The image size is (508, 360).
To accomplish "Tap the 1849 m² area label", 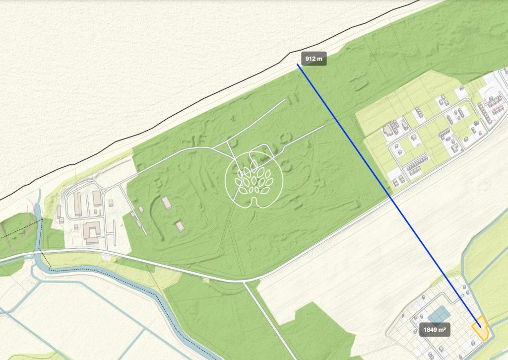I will (x=435, y=329).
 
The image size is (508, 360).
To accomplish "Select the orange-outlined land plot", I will (x=480, y=329).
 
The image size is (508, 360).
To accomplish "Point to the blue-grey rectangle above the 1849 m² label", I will (x=439, y=314).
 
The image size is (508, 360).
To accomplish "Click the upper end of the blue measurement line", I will (x=298, y=65).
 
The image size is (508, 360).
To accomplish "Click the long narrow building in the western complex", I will (x=78, y=204).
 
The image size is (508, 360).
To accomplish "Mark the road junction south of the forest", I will (x=244, y=282).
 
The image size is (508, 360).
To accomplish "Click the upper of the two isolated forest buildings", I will (x=167, y=203).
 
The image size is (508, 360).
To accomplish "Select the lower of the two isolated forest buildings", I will (x=180, y=226).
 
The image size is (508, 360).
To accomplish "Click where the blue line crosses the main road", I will (x=390, y=198).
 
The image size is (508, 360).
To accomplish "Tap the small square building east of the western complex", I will (x=111, y=203).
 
